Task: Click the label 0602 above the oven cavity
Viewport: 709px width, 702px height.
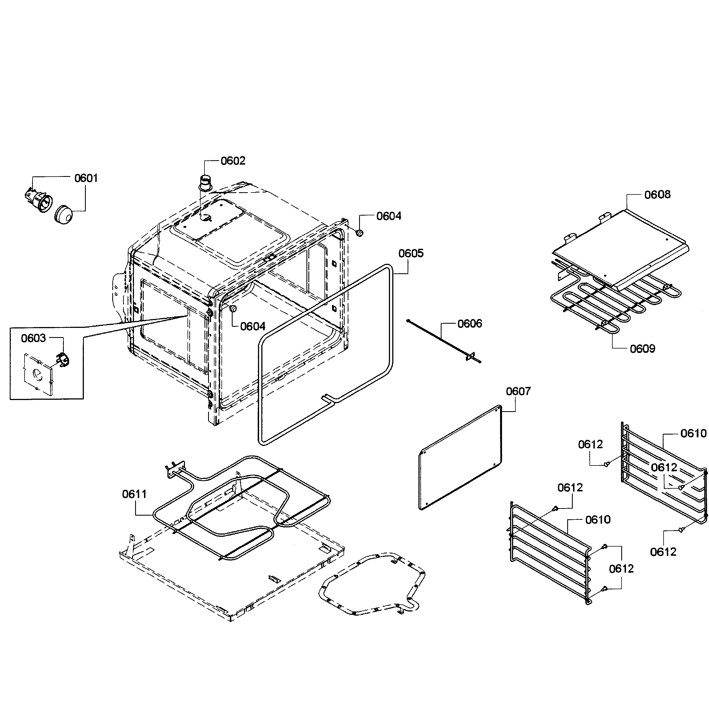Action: pyautogui.click(x=233, y=161)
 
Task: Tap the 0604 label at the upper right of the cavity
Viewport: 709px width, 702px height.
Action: pyautogui.click(x=389, y=216)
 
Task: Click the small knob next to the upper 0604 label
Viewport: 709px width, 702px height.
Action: pyautogui.click(x=360, y=233)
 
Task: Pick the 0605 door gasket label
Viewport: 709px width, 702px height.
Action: pyautogui.click(x=411, y=253)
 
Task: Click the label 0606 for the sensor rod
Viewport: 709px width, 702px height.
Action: pyautogui.click(x=469, y=324)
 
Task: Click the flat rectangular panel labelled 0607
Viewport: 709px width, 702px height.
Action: pyautogui.click(x=460, y=458)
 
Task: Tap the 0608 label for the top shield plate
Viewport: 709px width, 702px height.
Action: pyautogui.click(x=657, y=194)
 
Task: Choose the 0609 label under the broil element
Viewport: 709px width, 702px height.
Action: pyautogui.click(x=642, y=348)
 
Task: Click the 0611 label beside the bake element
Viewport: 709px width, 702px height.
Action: pyautogui.click(x=134, y=494)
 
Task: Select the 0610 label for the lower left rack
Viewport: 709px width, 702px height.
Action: pyautogui.click(x=598, y=520)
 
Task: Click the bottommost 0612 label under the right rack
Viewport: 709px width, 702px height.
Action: pyautogui.click(x=663, y=562)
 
